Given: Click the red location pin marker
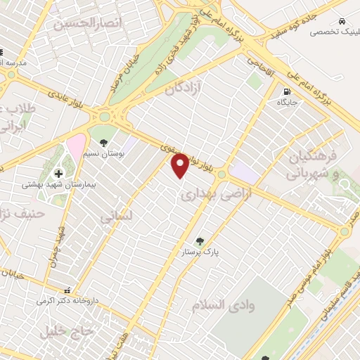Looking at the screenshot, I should [181, 165].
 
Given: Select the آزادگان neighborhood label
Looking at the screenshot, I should [182, 90].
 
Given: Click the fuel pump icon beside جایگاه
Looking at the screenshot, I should [286, 91].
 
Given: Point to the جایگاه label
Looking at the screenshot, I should [287, 103].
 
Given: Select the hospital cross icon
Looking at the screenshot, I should [58, 172].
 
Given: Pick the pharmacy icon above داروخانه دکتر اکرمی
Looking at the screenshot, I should [67, 290].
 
